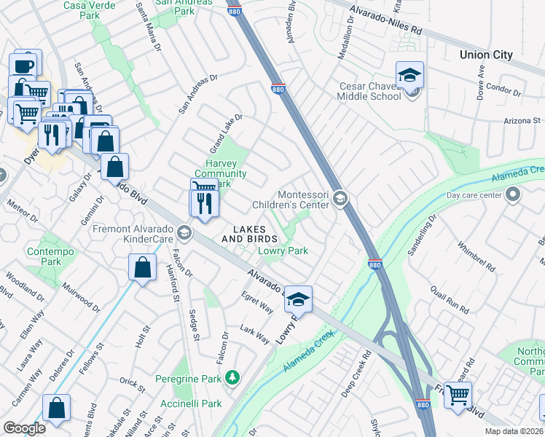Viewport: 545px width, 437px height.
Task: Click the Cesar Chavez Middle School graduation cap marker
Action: [409, 75]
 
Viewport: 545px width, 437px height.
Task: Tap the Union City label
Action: [486, 55]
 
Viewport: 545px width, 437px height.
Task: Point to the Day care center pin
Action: [514, 194]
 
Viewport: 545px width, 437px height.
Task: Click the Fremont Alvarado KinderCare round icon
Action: [184, 233]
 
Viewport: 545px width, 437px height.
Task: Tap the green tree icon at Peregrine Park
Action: [232, 377]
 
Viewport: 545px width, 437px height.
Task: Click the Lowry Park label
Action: [283, 251]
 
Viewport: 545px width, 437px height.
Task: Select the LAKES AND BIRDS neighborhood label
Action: [249, 234]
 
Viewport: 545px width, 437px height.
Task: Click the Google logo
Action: [24, 428]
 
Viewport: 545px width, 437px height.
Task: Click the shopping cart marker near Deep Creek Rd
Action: [458, 395]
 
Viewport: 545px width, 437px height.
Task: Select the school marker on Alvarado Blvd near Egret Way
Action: [297, 299]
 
